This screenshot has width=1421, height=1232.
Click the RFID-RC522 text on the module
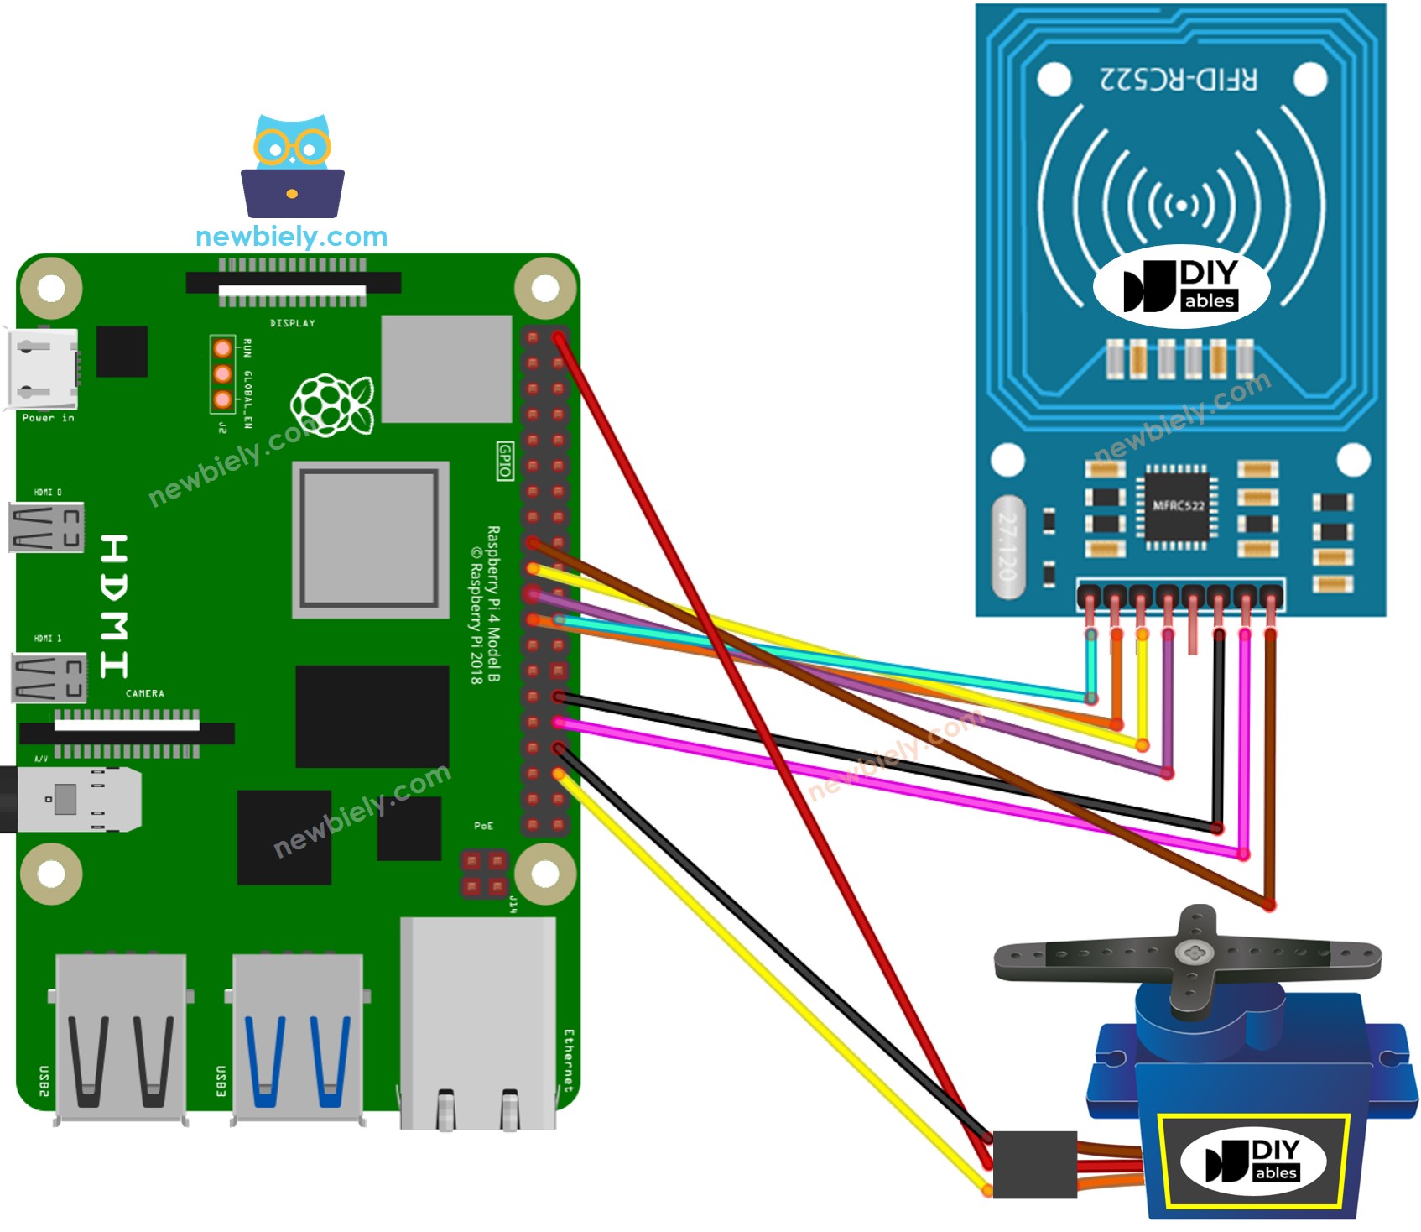tap(1178, 80)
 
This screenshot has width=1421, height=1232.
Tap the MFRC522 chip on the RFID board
tap(1178, 506)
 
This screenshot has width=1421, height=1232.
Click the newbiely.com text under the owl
tap(291, 237)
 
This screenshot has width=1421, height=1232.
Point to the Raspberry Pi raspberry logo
tap(332, 405)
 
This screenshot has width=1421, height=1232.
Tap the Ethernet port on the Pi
tap(477, 1024)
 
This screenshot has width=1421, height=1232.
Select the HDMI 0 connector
tap(47, 527)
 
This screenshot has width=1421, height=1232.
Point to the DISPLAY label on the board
tap(292, 323)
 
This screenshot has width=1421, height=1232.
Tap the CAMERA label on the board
tap(145, 694)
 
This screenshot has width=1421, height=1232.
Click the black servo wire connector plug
tap(1034, 1164)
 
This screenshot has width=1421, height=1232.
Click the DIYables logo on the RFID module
tap(1181, 286)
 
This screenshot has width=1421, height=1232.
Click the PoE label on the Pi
tap(484, 827)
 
